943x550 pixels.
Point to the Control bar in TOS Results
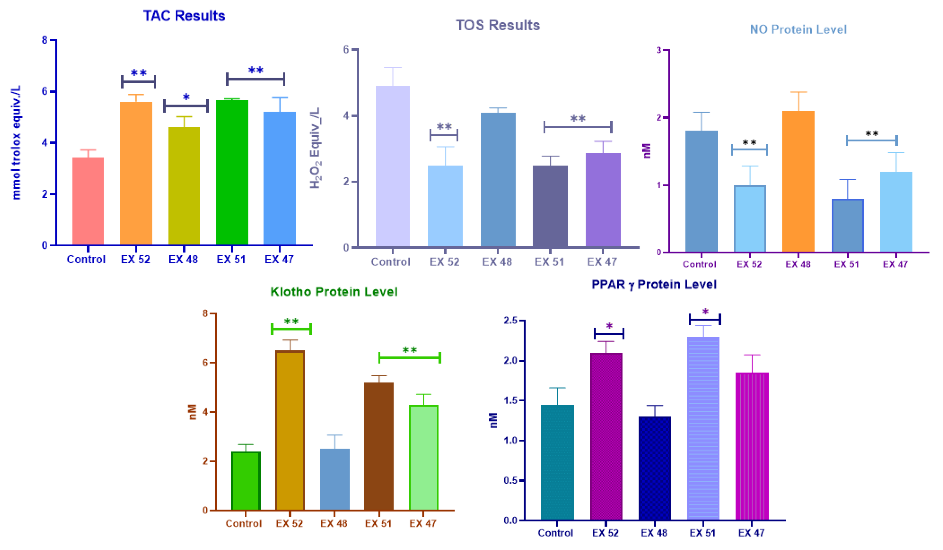click(393, 166)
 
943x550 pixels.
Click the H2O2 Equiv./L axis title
click(316, 148)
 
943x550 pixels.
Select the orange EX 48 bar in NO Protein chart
click(798, 181)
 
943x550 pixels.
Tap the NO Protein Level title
click(798, 29)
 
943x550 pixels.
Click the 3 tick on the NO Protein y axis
click(659, 50)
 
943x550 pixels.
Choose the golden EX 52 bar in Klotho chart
click(290, 430)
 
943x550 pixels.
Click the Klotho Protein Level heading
click(334, 292)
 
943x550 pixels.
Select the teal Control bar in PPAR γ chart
click(557, 462)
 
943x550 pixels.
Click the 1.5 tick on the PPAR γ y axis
click(511, 400)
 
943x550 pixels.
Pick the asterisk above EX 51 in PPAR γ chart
click(705, 311)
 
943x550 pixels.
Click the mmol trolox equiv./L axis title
click(16, 142)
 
